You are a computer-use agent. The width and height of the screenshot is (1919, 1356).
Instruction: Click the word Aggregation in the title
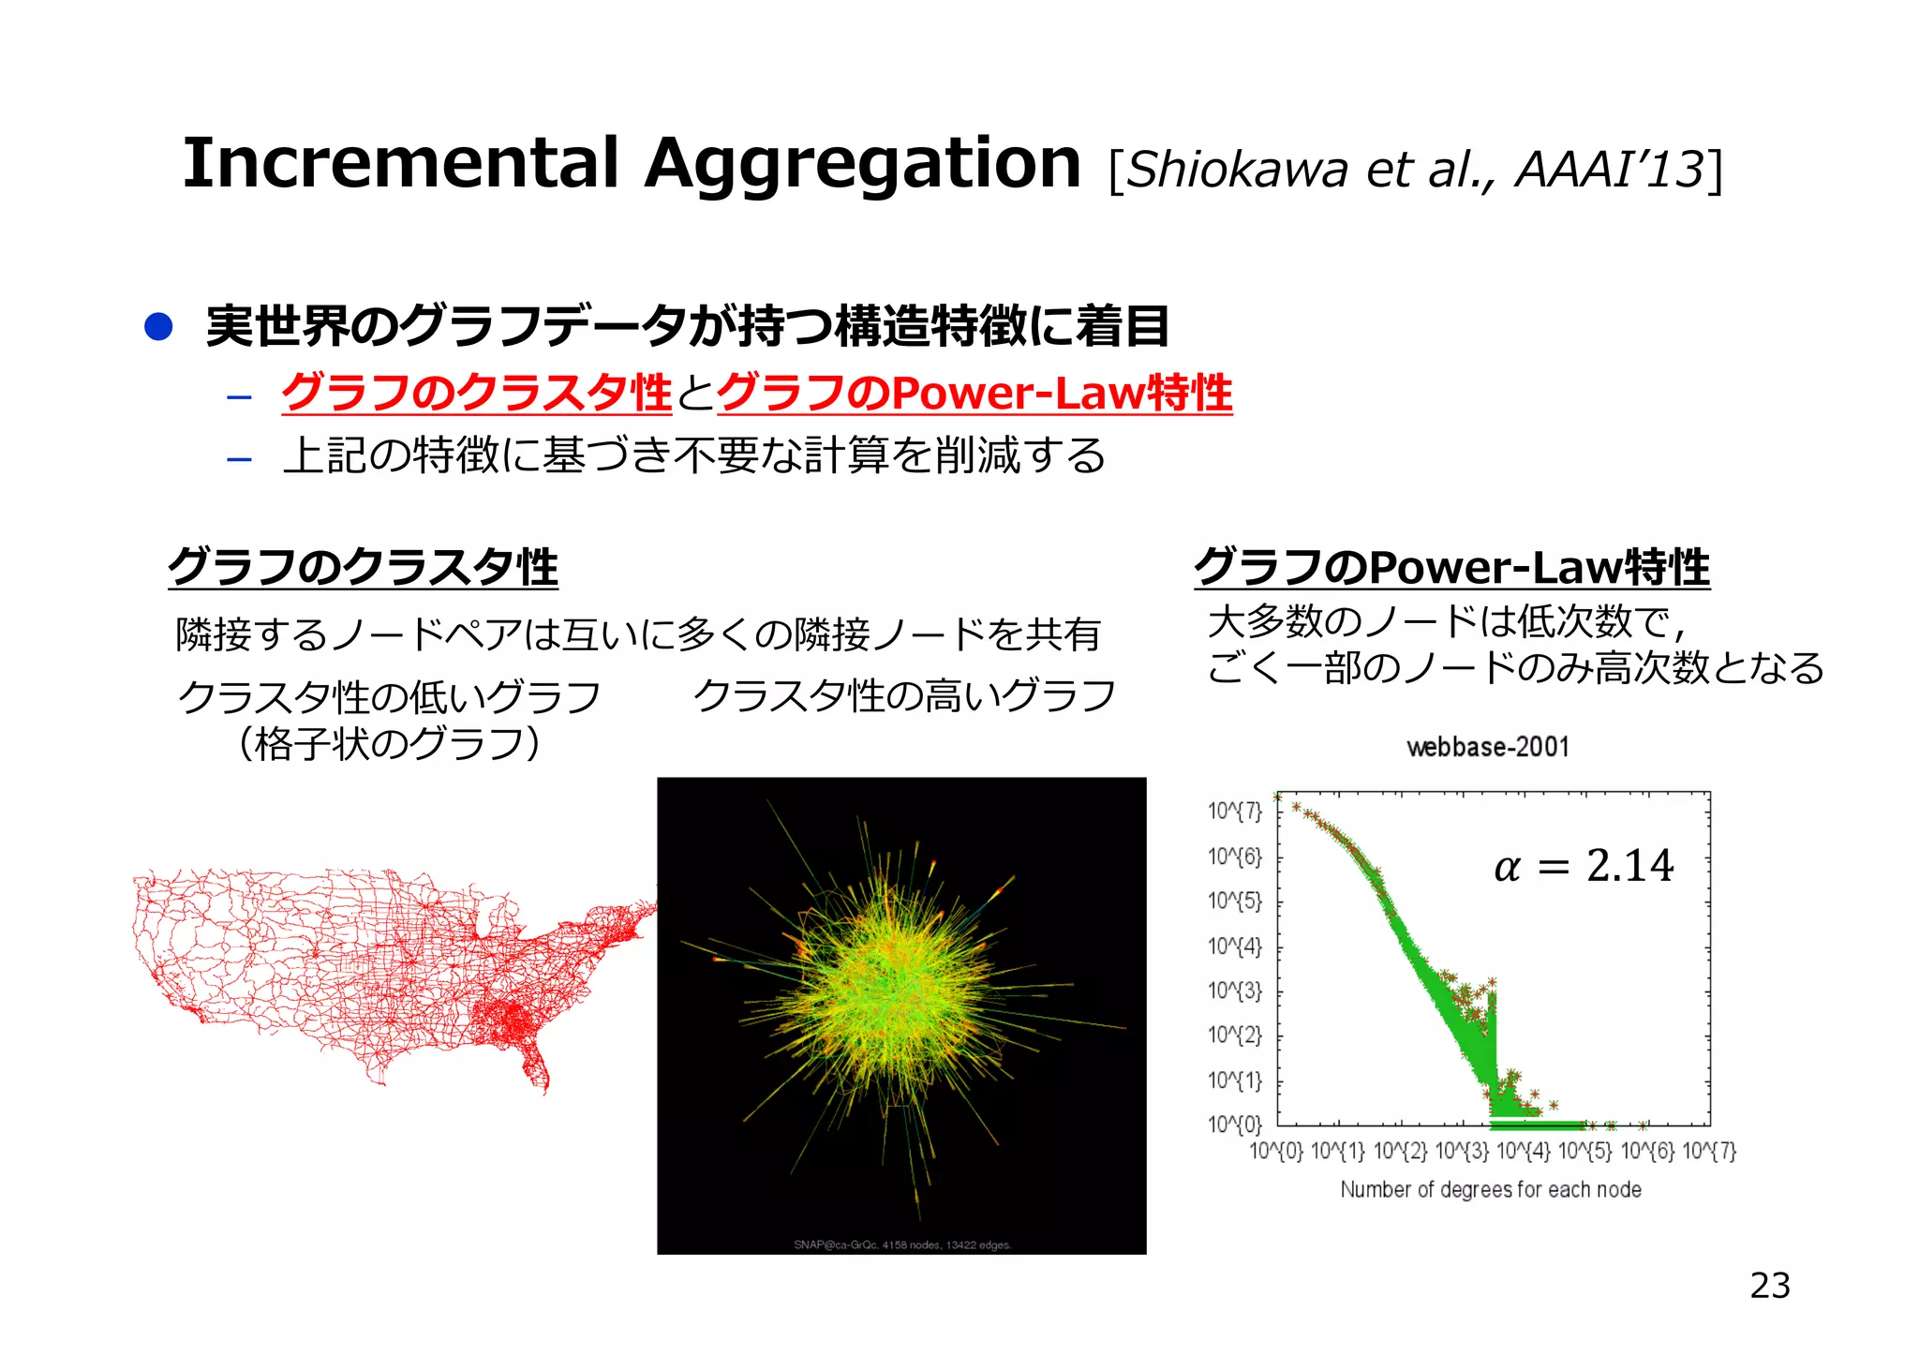click(862, 164)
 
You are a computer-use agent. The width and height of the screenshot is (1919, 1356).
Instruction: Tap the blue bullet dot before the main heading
click(158, 327)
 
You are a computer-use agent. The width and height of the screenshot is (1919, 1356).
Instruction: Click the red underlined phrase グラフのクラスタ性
click(477, 393)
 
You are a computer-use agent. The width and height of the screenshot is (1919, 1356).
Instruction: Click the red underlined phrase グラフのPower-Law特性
click(974, 393)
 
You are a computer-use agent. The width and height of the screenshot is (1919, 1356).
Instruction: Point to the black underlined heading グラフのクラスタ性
click(363, 568)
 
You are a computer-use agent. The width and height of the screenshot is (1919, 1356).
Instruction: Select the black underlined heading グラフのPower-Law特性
click(1451, 568)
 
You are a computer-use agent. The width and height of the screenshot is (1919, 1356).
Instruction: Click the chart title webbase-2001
click(1487, 747)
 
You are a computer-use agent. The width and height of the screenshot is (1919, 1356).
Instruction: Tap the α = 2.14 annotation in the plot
click(1584, 866)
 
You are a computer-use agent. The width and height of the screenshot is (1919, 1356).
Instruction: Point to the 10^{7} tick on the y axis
click(1234, 811)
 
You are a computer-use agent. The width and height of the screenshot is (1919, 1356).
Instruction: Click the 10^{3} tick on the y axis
click(1234, 991)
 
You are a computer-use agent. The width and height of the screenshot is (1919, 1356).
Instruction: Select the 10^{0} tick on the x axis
click(1275, 1151)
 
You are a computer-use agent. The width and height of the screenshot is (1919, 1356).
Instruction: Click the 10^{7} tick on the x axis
click(1709, 1151)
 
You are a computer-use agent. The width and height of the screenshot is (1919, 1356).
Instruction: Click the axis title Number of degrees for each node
click(1490, 1189)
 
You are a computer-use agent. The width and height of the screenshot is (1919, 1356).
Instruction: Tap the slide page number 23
click(1769, 1286)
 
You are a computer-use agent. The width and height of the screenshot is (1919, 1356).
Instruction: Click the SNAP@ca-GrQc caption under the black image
click(901, 1244)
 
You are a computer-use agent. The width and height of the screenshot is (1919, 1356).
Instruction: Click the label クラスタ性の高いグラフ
click(904, 696)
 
